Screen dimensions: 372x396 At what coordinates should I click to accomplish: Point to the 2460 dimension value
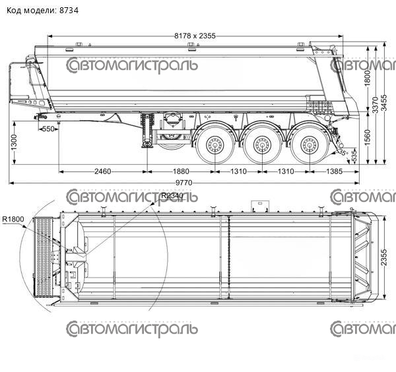pyautogui.click(x=102, y=171)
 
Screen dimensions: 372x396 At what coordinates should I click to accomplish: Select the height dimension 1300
pyautogui.click(x=14, y=141)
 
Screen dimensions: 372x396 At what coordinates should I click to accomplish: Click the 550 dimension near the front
pyautogui.click(x=47, y=129)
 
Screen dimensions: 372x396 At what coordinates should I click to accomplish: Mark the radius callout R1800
pyautogui.click(x=13, y=219)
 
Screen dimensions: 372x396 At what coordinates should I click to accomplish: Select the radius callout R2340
pyautogui.click(x=172, y=197)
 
